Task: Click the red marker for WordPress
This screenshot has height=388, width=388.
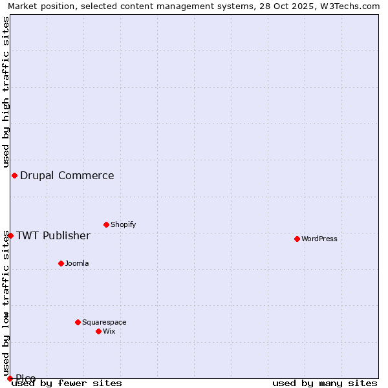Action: point(297,239)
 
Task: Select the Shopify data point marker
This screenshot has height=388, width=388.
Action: point(106,224)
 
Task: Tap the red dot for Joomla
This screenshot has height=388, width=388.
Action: point(61,263)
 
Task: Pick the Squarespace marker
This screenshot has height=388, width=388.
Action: point(78,322)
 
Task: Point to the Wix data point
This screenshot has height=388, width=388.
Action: point(98,331)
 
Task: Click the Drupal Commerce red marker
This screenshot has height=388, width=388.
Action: point(14,175)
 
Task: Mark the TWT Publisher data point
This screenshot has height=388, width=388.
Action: point(10,235)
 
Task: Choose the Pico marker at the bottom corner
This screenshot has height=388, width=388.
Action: point(10,378)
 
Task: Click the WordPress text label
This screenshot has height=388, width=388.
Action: point(319,239)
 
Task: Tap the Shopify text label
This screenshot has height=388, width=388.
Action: point(124,224)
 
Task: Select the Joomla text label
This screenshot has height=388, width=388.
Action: point(77,263)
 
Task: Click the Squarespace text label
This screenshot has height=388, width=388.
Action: point(104,322)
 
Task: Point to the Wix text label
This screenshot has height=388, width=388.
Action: point(109,331)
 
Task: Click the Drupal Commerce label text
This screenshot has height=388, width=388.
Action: point(67,175)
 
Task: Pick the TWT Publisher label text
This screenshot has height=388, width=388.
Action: point(53,235)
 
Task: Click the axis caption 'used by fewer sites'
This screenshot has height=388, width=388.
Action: point(67,383)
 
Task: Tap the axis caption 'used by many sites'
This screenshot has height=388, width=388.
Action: point(325,383)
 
